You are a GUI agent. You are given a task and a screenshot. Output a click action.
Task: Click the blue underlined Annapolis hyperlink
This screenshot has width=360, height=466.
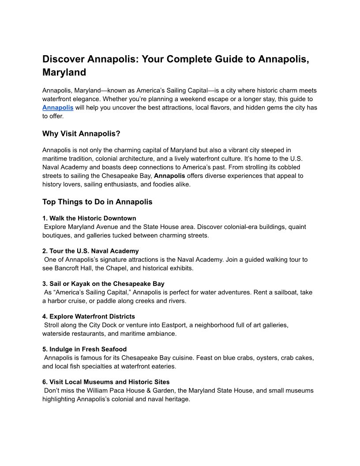pyautogui.click(x=58, y=108)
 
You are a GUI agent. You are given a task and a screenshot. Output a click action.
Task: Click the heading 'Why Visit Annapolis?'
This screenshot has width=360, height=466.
pyautogui.click(x=81, y=134)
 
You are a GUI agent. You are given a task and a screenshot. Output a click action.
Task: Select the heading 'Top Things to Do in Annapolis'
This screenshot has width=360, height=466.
pyautogui.click(x=97, y=202)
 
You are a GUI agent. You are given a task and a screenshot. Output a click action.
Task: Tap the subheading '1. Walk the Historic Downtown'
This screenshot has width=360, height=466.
pyautogui.click(x=89, y=218)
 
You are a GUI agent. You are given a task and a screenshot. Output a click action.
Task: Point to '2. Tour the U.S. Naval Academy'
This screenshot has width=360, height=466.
pyautogui.click(x=90, y=251)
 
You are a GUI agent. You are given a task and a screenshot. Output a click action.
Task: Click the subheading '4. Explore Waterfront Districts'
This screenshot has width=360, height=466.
pyautogui.click(x=89, y=316)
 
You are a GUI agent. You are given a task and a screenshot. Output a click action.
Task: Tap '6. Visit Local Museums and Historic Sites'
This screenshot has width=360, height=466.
pyautogui.click(x=106, y=382)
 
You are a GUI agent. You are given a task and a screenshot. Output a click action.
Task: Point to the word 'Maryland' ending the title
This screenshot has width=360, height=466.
pyautogui.click(x=64, y=72)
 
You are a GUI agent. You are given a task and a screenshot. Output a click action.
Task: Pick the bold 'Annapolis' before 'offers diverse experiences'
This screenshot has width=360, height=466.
pyautogui.click(x=169, y=176)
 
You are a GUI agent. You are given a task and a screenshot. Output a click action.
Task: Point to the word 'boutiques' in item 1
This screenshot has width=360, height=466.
pyautogui.click(x=56, y=235)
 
